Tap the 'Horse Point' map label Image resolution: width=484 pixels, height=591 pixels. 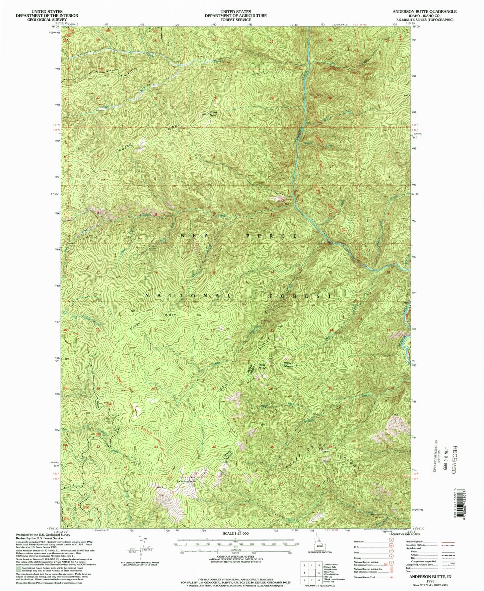(213, 114)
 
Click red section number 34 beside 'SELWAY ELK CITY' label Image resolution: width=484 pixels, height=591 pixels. (214, 447)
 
